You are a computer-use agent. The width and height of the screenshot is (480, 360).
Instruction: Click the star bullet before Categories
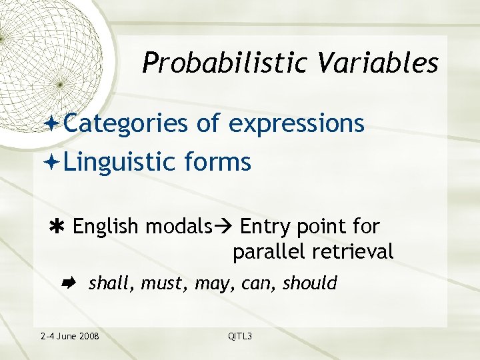click(55, 124)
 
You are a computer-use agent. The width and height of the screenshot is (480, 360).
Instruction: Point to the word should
click(310, 283)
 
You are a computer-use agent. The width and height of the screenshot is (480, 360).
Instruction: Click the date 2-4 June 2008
click(70, 336)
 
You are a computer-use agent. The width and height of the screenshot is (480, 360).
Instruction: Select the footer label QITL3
click(240, 336)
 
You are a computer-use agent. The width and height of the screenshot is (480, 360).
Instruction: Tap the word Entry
click(264, 227)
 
